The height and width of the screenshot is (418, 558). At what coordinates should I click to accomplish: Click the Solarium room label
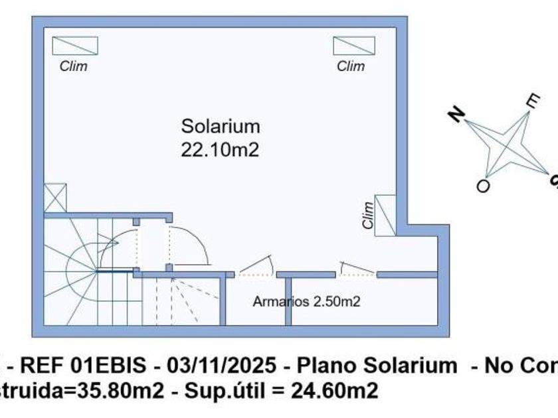(221, 126)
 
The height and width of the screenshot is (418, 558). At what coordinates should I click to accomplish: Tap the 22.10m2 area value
(220, 150)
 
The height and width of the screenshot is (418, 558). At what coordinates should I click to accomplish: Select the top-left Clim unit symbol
(75, 45)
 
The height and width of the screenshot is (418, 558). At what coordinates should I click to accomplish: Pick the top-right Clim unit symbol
(349, 45)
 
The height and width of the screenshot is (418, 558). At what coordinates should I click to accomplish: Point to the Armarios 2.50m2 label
(306, 301)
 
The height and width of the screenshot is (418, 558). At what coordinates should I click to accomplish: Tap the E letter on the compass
(532, 101)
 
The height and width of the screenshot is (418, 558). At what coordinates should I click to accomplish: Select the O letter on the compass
(483, 186)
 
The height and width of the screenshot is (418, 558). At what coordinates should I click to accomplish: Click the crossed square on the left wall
(55, 198)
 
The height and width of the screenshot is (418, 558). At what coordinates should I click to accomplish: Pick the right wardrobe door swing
(357, 267)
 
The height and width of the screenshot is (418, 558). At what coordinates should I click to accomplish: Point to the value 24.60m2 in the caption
(335, 390)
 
